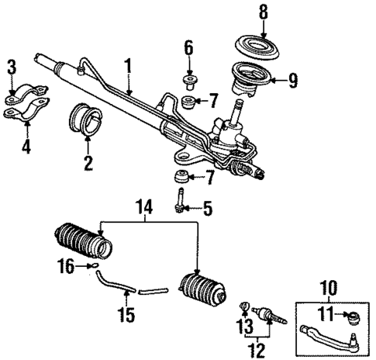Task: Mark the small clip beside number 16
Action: (95, 266)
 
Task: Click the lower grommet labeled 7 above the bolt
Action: (181, 175)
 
